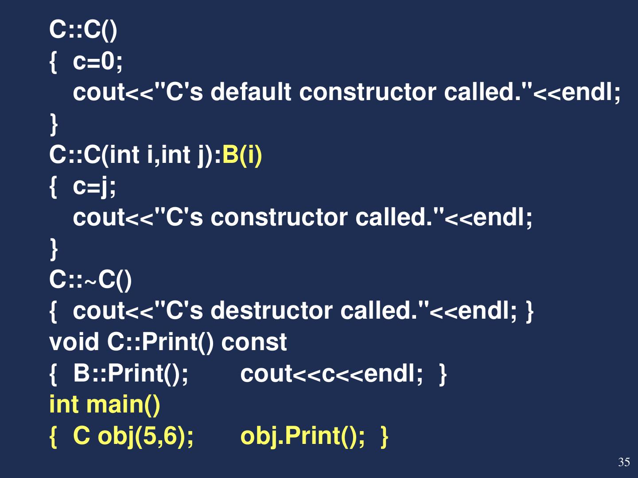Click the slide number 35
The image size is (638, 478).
point(624,462)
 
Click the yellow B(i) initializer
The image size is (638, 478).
point(242,155)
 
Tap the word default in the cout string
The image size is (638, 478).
point(251,92)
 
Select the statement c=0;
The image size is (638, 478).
point(97,61)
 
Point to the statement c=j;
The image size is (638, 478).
point(94,186)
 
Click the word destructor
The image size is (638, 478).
point(271,311)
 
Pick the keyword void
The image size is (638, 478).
point(74,342)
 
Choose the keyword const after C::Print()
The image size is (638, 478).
point(254,342)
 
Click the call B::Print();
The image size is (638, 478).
point(131,374)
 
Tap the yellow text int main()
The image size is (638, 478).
point(105,405)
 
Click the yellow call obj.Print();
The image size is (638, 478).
point(303,436)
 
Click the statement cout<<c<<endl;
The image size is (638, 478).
point(331,374)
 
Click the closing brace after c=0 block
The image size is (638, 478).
point(54,123)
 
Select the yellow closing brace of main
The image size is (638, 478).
point(385,436)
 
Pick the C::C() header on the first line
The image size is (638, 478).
point(83,30)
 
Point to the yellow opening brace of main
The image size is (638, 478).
point(54,436)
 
